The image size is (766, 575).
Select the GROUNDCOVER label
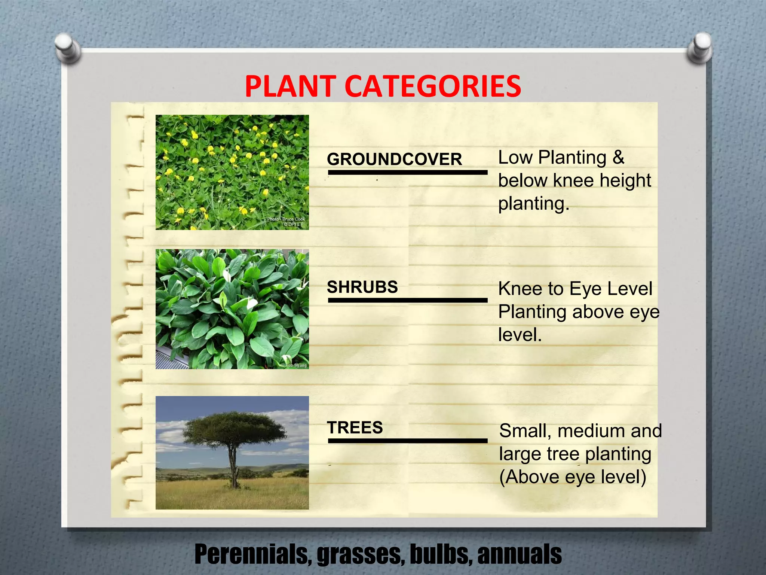click(x=394, y=159)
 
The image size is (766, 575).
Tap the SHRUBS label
click(x=362, y=287)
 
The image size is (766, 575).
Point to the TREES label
click(x=355, y=428)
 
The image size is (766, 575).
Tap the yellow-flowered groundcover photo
click(x=232, y=172)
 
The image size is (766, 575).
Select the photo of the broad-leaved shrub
click(x=232, y=309)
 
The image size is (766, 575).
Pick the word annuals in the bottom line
click(x=520, y=555)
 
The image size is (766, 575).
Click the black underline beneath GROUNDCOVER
click(x=407, y=173)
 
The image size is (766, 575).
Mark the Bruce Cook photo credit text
click(x=286, y=219)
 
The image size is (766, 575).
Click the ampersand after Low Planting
click(x=618, y=158)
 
